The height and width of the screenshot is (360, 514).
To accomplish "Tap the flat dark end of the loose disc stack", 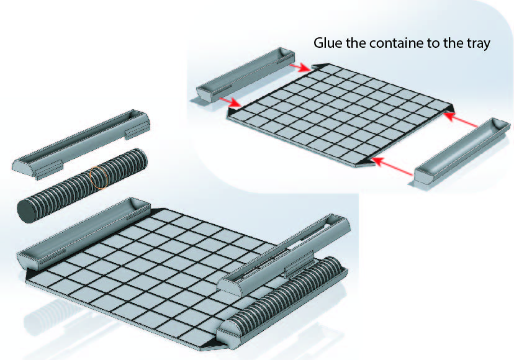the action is point(27,212).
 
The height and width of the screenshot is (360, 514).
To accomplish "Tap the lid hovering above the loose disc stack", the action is point(81,144).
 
